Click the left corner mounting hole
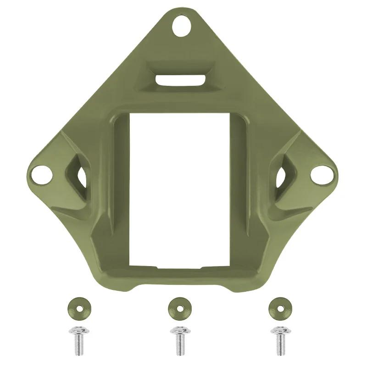pos(39,174)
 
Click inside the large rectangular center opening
pos(179,188)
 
